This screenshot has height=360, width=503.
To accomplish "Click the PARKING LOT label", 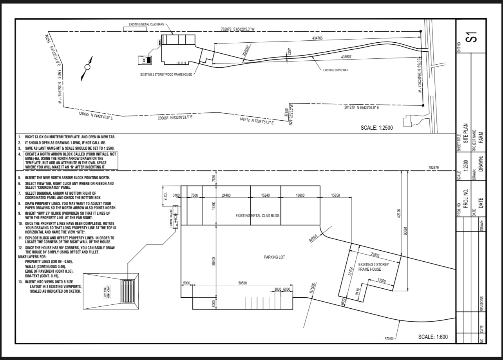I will [x=274, y=257].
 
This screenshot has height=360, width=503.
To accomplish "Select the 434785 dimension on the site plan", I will [x=317, y=38].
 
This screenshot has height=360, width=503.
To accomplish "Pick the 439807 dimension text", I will [x=346, y=57].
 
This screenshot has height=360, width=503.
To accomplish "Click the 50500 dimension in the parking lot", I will [x=242, y=283].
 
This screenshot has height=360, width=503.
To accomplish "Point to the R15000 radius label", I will [x=312, y=288].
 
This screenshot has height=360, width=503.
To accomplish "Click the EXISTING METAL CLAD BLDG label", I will [x=257, y=215].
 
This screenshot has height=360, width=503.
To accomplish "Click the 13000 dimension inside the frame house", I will [x=381, y=280].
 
